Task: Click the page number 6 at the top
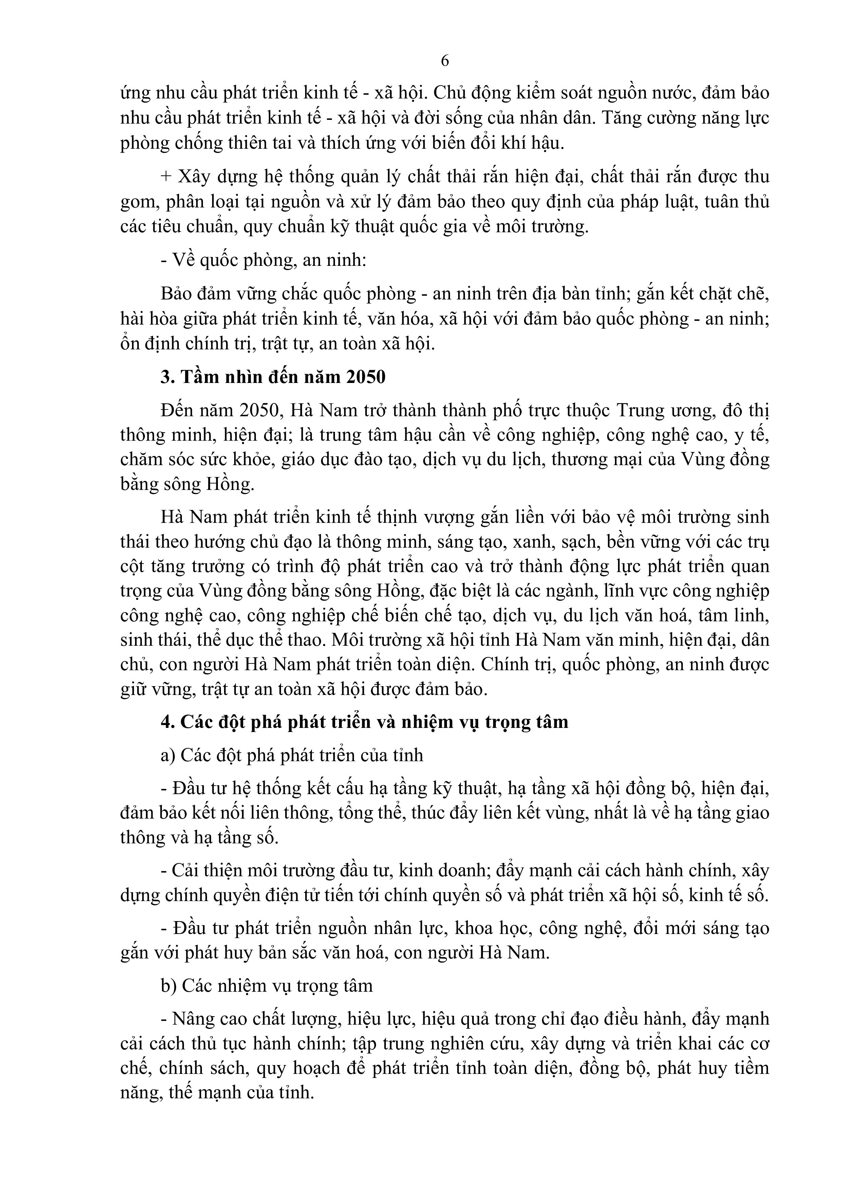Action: point(444,61)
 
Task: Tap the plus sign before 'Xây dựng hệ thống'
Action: point(166,177)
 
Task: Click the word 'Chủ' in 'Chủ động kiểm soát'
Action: point(447,93)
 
